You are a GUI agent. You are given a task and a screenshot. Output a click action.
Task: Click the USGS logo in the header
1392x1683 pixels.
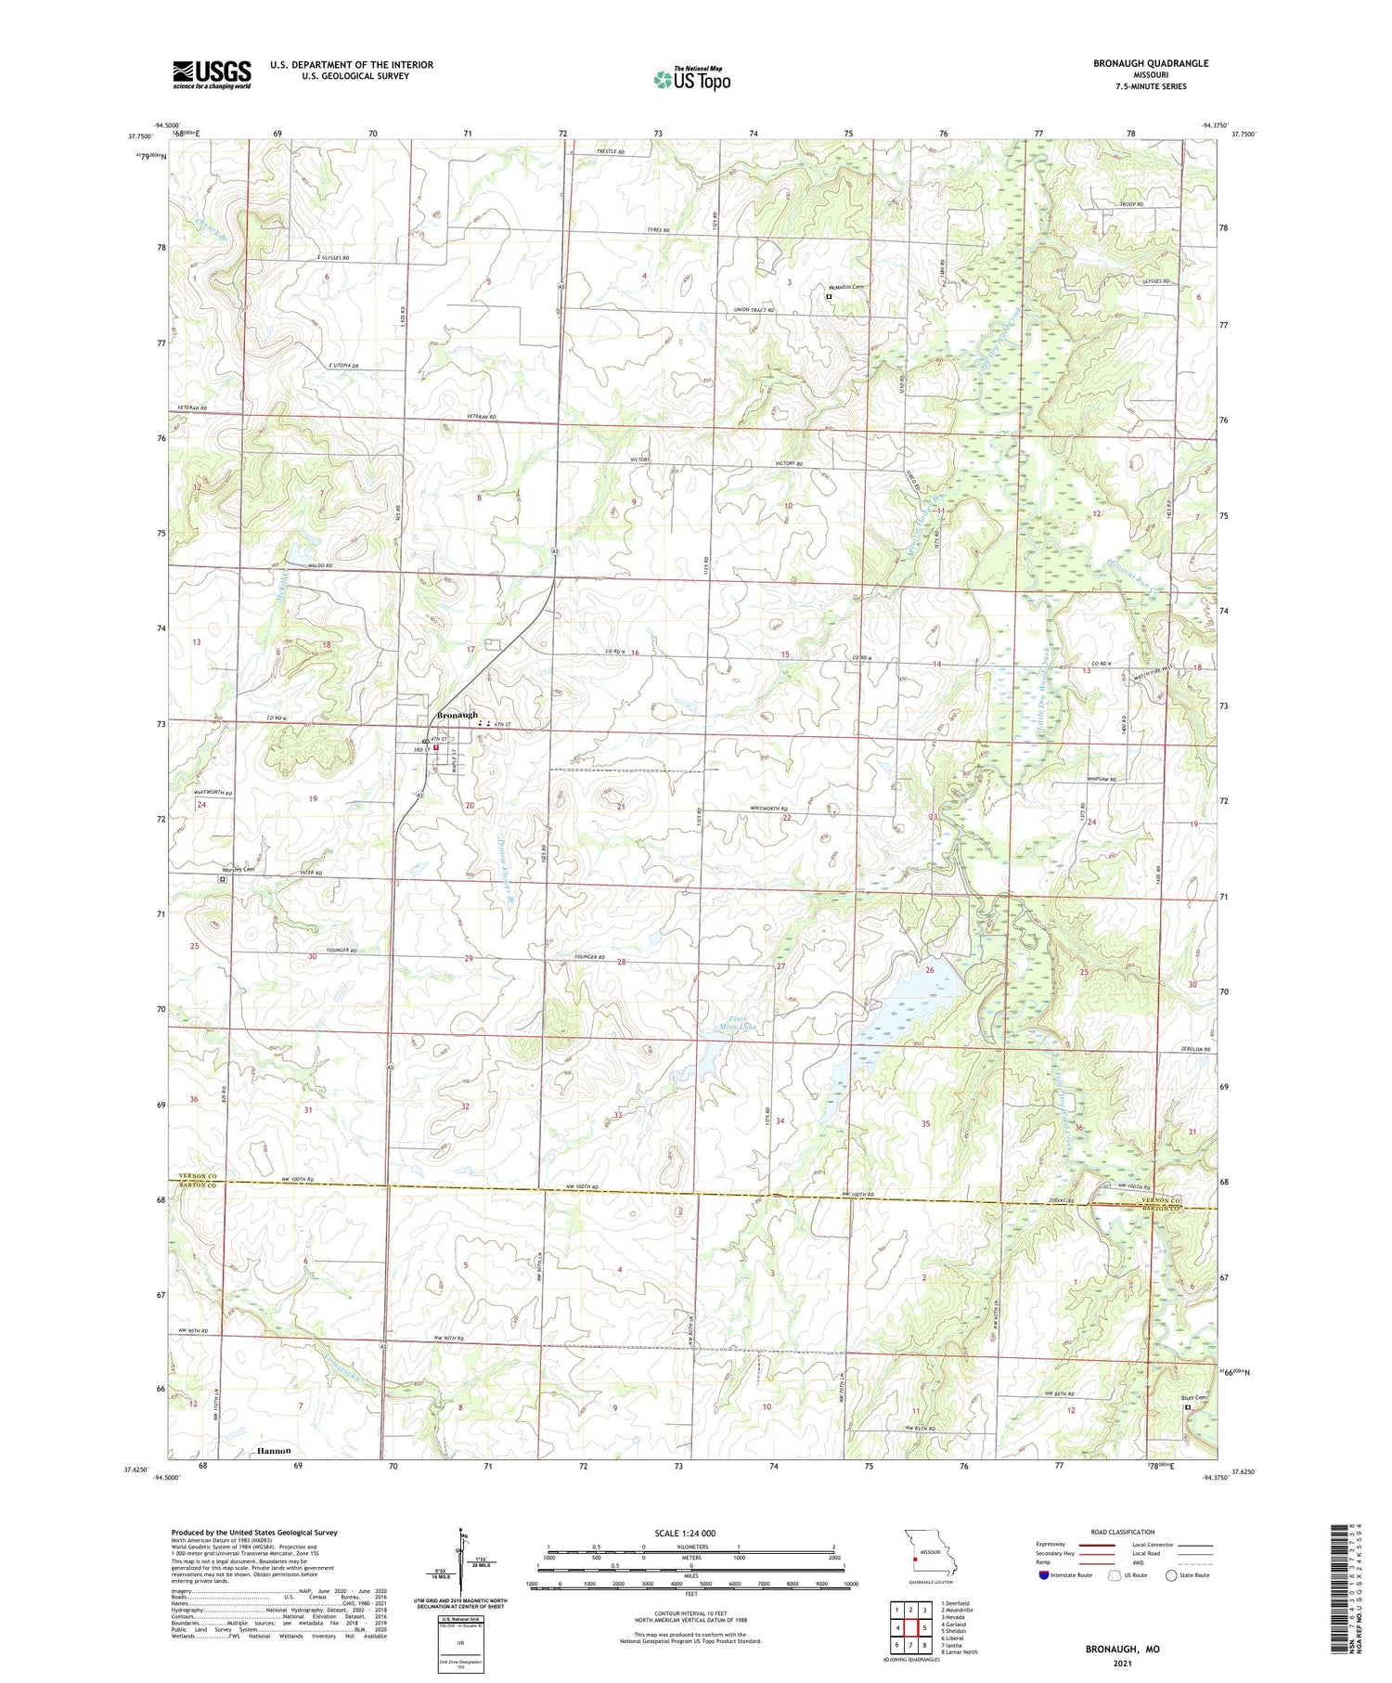click(x=212, y=74)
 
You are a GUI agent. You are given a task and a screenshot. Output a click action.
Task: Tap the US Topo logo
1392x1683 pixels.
click(x=691, y=80)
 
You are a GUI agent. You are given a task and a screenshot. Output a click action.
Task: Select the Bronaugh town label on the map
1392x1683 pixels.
click(x=458, y=715)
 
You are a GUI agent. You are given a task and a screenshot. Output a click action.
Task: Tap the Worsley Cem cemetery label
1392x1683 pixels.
click(x=237, y=869)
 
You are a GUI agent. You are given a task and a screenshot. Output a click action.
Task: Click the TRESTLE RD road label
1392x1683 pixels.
click(x=609, y=151)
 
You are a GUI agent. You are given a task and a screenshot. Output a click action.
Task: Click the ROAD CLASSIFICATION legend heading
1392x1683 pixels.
click(x=1123, y=1532)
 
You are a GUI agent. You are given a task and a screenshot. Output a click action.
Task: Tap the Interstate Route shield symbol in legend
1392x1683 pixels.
click(x=1044, y=1575)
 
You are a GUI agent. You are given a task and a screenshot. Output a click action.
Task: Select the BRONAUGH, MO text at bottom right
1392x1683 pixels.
click(x=1122, y=1650)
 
